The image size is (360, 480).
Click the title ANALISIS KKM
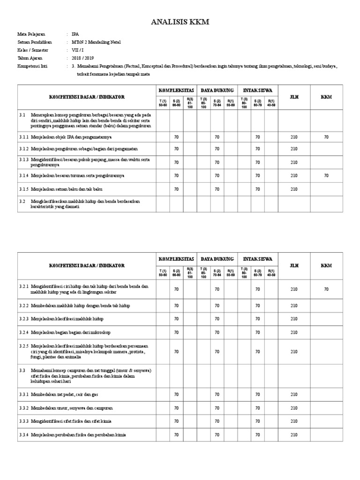tap(180, 22)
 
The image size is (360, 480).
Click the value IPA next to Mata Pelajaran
tap(75, 34)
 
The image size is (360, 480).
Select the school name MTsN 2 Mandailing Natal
tap(96, 42)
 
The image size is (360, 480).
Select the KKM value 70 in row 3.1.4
tap(326, 176)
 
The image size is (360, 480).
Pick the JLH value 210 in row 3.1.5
tap(294, 189)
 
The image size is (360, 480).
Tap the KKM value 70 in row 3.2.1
tap(326, 290)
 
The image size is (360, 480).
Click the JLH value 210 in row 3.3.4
tap(294, 435)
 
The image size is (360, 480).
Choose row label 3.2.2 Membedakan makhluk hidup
tap(75, 306)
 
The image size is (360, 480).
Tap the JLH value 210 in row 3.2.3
tap(294, 319)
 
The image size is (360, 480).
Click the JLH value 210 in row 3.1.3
tap(294, 162)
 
